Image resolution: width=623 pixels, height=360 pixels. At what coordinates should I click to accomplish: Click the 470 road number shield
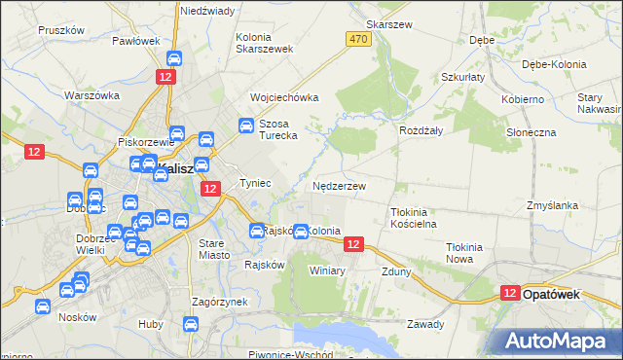(x=359, y=38)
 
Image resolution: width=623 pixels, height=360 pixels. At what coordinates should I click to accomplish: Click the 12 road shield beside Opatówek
(x=511, y=292)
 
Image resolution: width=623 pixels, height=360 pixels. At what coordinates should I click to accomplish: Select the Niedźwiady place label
(x=206, y=11)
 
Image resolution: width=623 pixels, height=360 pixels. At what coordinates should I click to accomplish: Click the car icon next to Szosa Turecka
(x=247, y=126)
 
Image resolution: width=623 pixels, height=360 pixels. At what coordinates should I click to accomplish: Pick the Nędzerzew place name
(x=340, y=185)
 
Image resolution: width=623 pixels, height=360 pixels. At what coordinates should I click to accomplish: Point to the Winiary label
(x=327, y=270)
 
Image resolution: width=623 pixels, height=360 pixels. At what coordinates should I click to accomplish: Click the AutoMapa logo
(x=558, y=341)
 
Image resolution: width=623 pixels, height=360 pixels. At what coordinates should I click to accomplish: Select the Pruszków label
(x=58, y=30)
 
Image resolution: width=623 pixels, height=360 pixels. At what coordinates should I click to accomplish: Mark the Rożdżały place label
(x=421, y=129)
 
